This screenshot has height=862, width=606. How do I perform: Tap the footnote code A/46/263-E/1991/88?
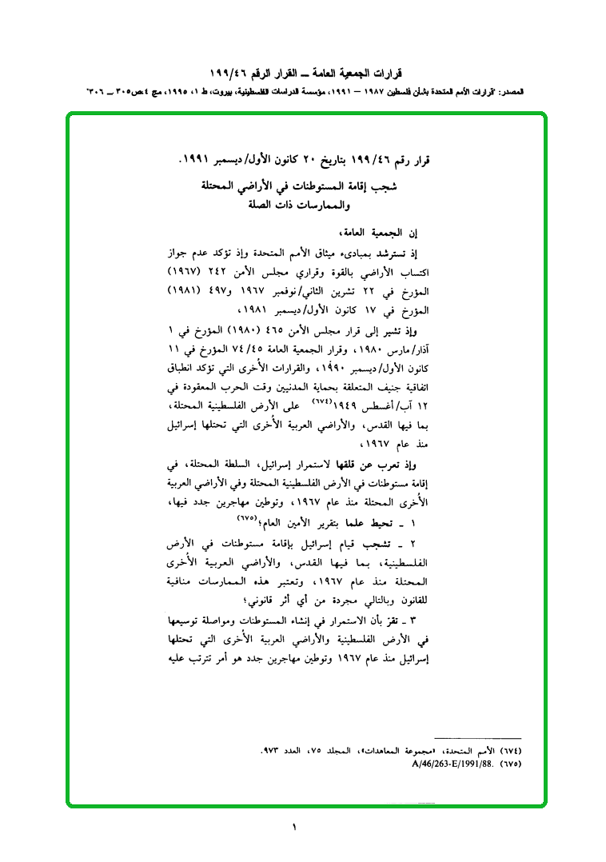(x=455, y=763)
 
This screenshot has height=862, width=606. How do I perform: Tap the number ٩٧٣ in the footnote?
(x=273, y=751)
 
